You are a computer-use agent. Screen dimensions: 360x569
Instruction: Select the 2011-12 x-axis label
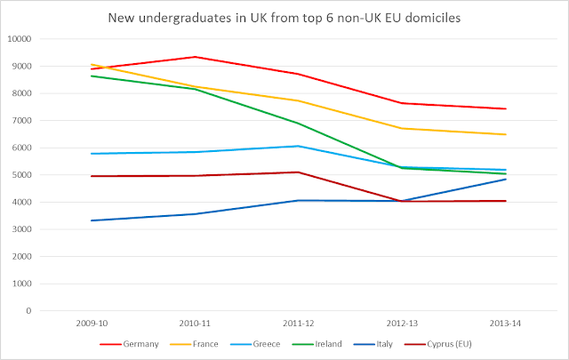pyautogui.click(x=297, y=324)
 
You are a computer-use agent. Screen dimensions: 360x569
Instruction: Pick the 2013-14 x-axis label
pyautogui.click(x=503, y=324)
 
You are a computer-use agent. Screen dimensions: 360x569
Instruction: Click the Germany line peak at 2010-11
pyautogui.click(x=195, y=57)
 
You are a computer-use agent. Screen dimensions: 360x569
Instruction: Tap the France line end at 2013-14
pyautogui.click(x=503, y=134)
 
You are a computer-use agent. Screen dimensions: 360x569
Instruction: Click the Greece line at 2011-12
pyautogui.click(x=297, y=146)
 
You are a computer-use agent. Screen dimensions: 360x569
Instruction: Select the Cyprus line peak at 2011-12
pyautogui.click(x=297, y=172)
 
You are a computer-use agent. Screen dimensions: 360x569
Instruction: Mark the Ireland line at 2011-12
pyautogui.click(x=297, y=124)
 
